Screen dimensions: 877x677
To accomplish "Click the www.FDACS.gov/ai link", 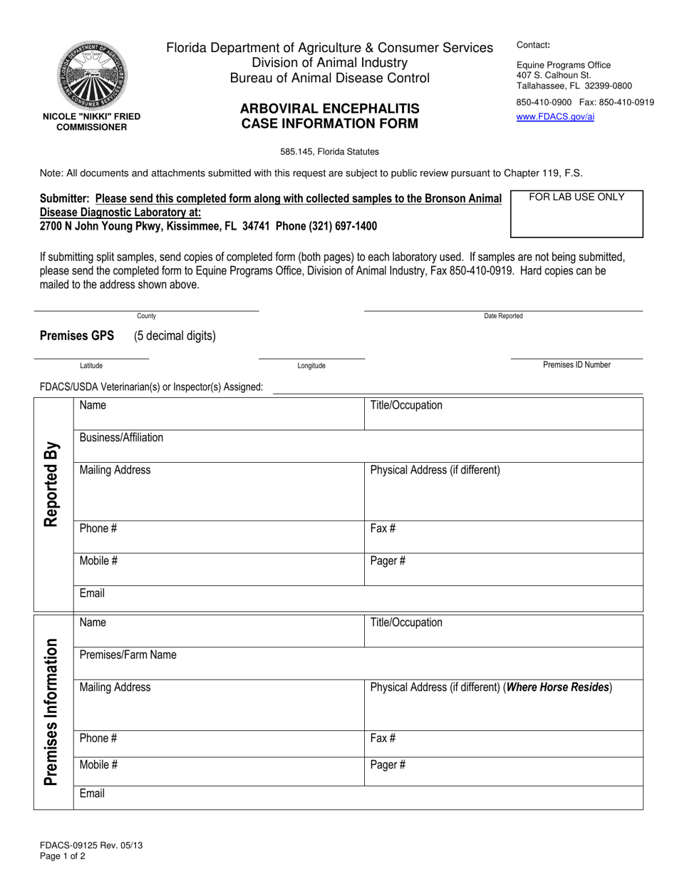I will coord(555,117).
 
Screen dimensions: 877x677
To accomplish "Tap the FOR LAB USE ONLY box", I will coord(577,213).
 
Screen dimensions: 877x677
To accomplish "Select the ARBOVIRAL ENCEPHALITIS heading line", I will coord(329,109).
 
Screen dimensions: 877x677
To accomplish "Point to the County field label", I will coord(146,316).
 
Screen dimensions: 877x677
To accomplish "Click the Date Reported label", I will coord(503,316).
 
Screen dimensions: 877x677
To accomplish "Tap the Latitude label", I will coord(91,366).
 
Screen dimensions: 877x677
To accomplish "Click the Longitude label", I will coord(311,366).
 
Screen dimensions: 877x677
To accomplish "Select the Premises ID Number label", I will coord(577,365).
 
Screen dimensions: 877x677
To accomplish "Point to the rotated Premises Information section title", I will coord(51,712).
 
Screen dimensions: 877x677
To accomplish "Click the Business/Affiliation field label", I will coord(121,438).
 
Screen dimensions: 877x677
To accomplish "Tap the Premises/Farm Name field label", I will coord(128,655).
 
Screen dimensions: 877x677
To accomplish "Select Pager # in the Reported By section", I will coord(388,561).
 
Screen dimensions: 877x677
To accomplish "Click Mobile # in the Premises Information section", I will coord(98,766).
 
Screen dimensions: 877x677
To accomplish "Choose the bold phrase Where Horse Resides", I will coord(558,687).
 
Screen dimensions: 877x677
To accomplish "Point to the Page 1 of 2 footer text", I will coord(63,856).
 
